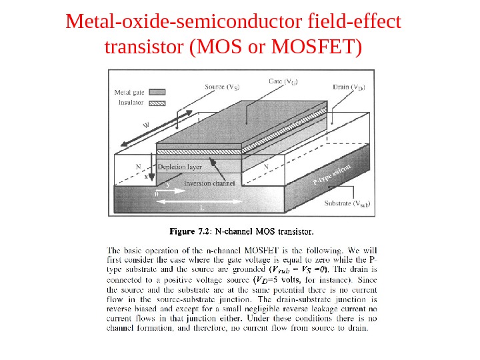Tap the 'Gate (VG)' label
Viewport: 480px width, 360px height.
click(283, 81)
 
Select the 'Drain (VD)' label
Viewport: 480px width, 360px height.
click(348, 87)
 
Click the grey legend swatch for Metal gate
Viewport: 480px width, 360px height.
click(157, 92)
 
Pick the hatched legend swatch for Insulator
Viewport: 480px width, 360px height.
click(157, 103)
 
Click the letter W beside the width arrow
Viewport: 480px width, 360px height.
click(145, 125)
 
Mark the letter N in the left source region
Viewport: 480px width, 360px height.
click(138, 166)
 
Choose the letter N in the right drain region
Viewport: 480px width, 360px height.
click(266, 166)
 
